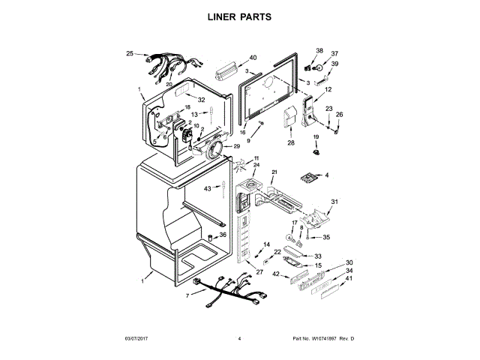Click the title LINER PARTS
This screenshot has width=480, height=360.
coord(239,16)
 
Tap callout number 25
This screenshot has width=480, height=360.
coord(130,54)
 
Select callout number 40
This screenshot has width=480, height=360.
coord(253,58)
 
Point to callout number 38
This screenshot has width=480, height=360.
coord(319,51)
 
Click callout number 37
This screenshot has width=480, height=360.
coord(334,54)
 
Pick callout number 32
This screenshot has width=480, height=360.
coord(202,99)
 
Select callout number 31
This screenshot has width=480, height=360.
coord(335,202)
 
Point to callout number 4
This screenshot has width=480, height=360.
coord(326,175)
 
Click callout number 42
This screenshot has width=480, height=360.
coord(275,274)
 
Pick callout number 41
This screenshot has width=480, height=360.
coord(349,278)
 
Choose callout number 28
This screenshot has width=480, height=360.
coord(291,142)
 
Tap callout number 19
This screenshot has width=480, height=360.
coord(316,136)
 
